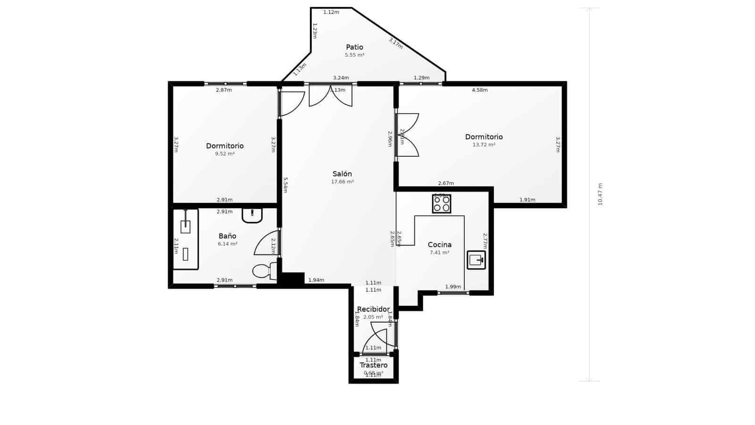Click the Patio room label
tap(354, 47)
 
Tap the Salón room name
tap(342, 174)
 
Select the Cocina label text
tap(439, 245)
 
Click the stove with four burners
tap(442, 204)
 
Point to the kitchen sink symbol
tap(476, 260)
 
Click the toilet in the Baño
tap(264, 271)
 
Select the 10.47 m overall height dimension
tap(600, 194)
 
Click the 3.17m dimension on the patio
tap(395, 43)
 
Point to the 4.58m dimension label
tap(479, 90)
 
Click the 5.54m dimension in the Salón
tap(285, 185)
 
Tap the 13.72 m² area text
tap(484, 145)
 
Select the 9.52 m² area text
tap(225, 154)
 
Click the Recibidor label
tap(373, 309)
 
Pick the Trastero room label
tap(373, 365)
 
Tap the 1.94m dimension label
tap(316, 280)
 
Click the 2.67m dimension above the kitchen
tap(445, 183)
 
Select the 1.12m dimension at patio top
tap(331, 12)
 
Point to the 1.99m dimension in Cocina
tap(453, 287)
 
